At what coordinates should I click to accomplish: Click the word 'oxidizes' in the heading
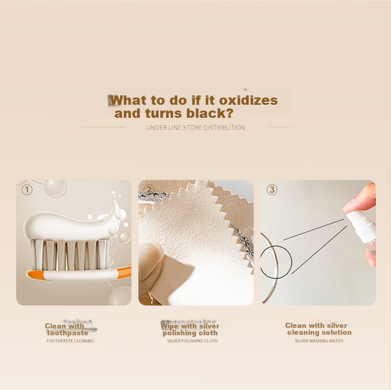(x=248, y=101)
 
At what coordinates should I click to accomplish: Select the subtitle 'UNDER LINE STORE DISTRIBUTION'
(x=195, y=128)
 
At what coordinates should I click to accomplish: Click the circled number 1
(x=27, y=190)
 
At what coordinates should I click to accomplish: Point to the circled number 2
(x=149, y=189)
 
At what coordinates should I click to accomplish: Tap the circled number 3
(x=272, y=190)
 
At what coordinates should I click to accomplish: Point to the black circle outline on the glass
(x=292, y=262)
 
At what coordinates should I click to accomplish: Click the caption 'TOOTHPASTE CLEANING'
(x=70, y=341)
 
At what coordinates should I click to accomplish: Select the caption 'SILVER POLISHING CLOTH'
(x=192, y=341)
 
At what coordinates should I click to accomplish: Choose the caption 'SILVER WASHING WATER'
(x=319, y=341)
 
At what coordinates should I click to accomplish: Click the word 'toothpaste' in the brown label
(x=68, y=333)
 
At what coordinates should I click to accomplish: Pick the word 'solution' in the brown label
(x=336, y=333)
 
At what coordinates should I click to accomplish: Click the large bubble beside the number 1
(x=55, y=188)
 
